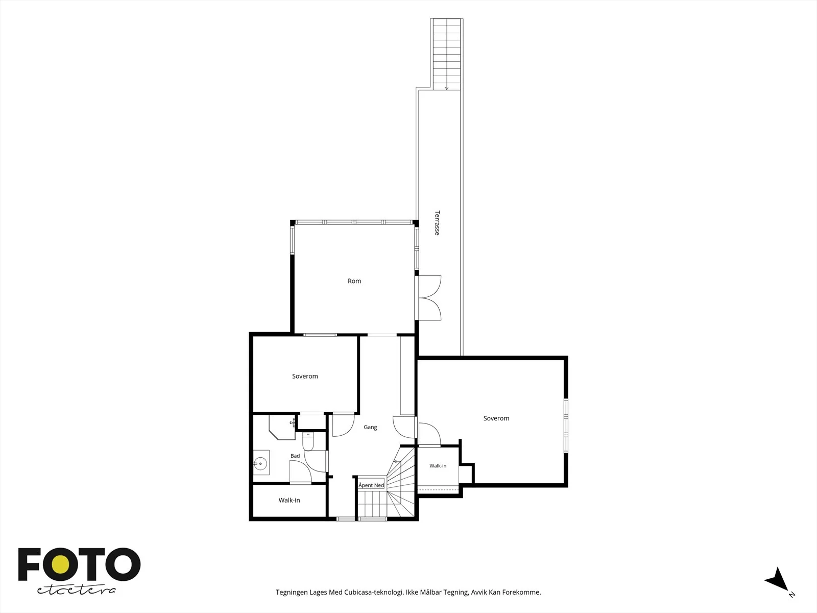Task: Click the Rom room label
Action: pyautogui.click(x=354, y=281)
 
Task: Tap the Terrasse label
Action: pyautogui.click(x=437, y=223)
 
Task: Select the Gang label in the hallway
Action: pyautogui.click(x=370, y=427)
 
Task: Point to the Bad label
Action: pyautogui.click(x=295, y=456)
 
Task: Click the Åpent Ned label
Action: pyautogui.click(x=371, y=485)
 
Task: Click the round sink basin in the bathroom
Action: pyautogui.click(x=260, y=464)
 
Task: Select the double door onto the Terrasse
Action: pyautogui.click(x=428, y=298)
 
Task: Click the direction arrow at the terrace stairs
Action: pyautogui.click(x=447, y=88)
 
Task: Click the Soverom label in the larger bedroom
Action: pyautogui.click(x=496, y=418)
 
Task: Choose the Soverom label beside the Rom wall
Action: pyautogui.click(x=305, y=376)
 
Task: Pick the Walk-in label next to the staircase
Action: pyautogui.click(x=438, y=465)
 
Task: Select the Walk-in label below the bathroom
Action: pyautogui.click(x=289, y=500)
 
